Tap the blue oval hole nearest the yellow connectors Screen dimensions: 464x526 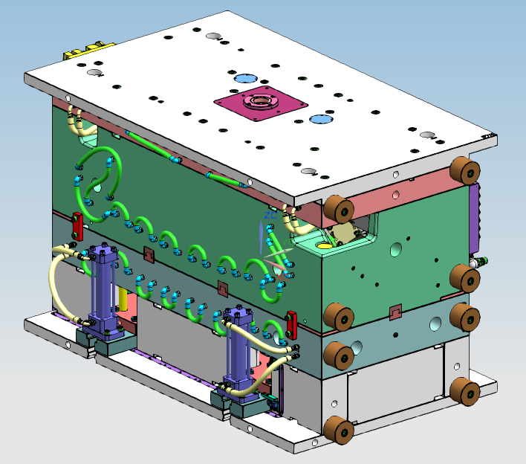click(x=244, y=78)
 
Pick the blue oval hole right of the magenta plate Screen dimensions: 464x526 click(x=321, y=119)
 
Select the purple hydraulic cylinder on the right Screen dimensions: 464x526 click(x=238, y=349)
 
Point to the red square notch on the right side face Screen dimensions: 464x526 click(x=395, y=311)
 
